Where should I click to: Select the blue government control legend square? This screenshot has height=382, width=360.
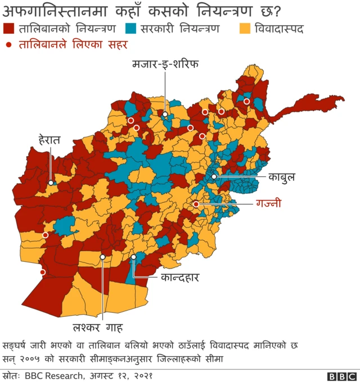click(x=132, y=28)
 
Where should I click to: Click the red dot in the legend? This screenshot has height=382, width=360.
click(x=8, y=44)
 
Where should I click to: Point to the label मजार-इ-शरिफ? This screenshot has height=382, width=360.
click(x=165, y=63)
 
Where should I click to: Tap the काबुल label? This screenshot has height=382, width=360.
click(x=281, y=177)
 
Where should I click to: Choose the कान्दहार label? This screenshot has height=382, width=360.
click(x=180, y=277)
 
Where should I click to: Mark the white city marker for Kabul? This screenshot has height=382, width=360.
click(x=214, y=176)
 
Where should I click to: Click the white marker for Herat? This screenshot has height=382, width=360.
click(x=51, y=183)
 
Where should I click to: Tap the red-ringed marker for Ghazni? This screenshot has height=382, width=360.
click(x=196, y=204)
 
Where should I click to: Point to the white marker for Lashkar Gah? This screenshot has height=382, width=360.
click(x=102, y=257)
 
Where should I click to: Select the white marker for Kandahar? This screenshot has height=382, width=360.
click(x=133, y=257)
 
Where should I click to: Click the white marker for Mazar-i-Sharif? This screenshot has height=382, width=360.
click(x=165, y=115)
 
